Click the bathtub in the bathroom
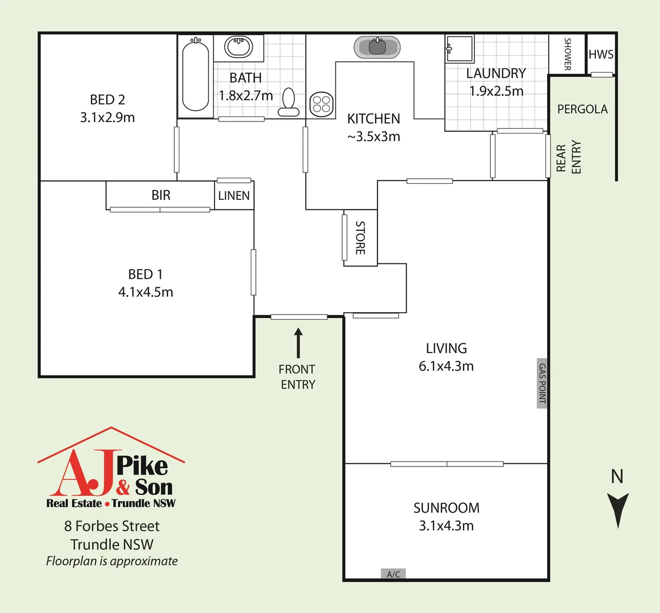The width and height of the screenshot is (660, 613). coord(195,74)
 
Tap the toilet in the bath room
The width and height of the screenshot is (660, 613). coord(289,102)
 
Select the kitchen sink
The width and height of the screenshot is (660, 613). coord(377,47)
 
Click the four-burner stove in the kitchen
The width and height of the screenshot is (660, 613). coord(321,104)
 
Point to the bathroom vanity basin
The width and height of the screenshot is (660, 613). coord(238,47)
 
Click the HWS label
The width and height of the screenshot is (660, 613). coord(601,54)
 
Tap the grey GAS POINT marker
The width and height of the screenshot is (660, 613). coord(542,383)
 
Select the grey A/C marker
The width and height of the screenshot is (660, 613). coord(393,574)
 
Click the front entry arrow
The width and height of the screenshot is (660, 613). coord(298,342)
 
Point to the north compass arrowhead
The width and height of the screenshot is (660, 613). coord(617,509)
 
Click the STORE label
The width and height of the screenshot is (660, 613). coord(360,238)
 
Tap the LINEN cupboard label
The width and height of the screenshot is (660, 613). coord(234,196)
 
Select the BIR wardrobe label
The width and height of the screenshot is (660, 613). coord(161,195)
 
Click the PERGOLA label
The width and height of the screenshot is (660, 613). coord(582,109)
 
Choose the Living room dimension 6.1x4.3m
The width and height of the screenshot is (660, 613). coord(446,366)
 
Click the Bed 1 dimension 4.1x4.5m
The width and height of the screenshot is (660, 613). coord(145,292)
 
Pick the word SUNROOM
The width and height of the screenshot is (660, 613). coord(446,508)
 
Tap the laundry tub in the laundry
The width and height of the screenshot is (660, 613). coord(459,49)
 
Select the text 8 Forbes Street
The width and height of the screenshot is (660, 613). coord(112,526)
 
